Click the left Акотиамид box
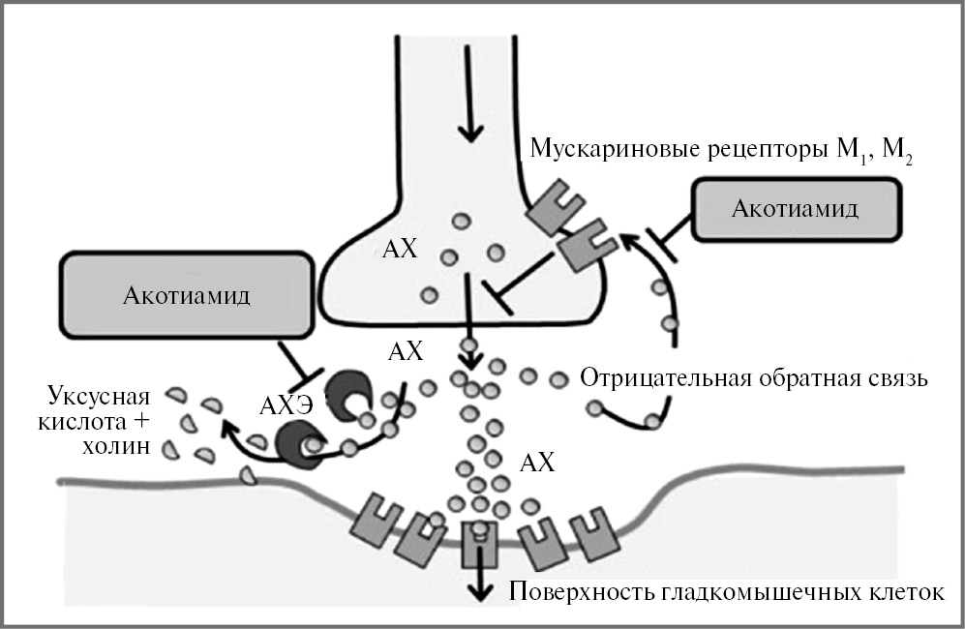point(187,295)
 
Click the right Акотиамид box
point(795,210)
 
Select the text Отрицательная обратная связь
point(754,378)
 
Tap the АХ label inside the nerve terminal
point(400,250)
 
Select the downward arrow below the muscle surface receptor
point(477,585)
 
